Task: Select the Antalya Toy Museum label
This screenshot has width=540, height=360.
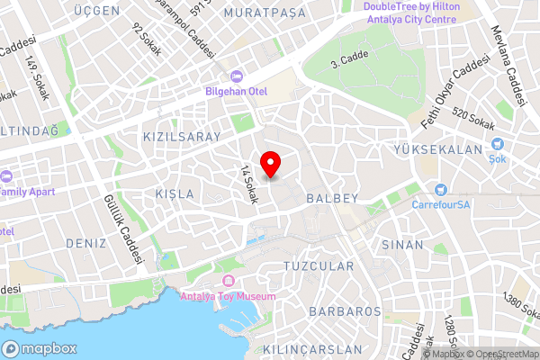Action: click(x=229, y=295)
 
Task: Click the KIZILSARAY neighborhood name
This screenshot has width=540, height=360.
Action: click(x=181, y=136)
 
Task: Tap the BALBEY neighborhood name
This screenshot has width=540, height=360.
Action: click(x=332, y=197)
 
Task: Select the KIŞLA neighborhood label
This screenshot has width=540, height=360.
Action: click(x=175, y=194)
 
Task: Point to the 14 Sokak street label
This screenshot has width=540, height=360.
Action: click(x=248, y=184)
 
